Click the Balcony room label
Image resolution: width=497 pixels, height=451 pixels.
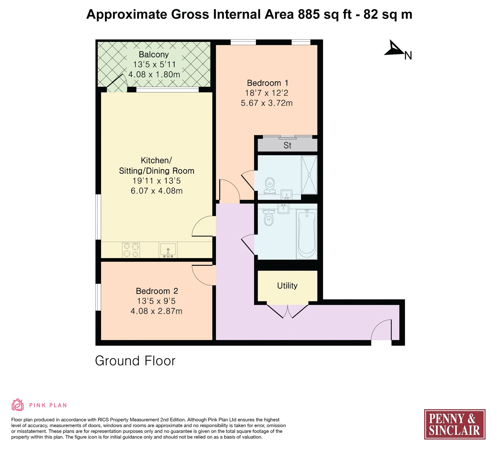coord(154,54)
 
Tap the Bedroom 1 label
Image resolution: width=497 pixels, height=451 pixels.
coord(267,83)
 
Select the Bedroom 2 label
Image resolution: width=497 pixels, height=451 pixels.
coord(157,291)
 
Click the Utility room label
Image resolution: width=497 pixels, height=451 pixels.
coord(287,286)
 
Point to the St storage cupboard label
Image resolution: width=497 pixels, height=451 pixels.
coord(287,145)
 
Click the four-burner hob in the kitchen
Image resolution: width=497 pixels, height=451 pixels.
coord(131,250)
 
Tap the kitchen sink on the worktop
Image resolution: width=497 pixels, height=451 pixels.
coord(168,250)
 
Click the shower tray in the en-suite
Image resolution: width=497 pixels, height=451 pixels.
coord(309,175)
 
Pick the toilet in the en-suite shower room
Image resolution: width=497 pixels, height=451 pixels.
coord(270,186)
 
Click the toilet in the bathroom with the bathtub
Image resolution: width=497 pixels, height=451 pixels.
coord(268,217)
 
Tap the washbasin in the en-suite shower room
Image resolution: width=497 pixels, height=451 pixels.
coord(286,194)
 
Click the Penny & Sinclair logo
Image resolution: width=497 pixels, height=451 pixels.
coord(455,424)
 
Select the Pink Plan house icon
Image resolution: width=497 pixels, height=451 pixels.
coord(17,405)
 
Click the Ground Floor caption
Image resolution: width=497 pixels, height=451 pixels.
coord(135,361)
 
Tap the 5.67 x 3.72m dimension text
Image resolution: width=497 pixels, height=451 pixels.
coord(267,103)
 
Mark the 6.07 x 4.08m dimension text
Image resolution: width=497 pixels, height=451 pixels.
coord(157,191)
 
